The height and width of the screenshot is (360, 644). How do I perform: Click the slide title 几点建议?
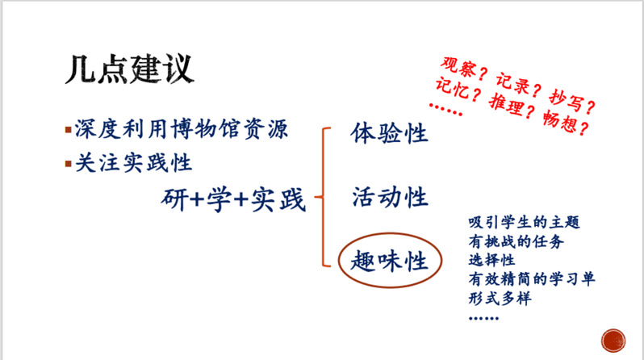[x=129, y=69]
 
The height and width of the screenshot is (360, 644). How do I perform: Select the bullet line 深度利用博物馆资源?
[x=181, y=129]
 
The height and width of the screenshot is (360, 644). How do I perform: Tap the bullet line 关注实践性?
[x=133, y=163]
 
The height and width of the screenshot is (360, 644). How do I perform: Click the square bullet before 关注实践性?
[x=68, y=164]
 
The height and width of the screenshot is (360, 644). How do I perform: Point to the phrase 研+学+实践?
[x=233, y=199]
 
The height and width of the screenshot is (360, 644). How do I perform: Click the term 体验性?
[x=389, y=132]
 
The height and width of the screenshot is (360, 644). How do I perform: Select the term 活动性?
[x=390, y=197]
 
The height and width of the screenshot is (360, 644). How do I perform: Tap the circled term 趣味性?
[x=389, y=261]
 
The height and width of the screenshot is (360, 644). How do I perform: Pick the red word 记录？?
[x=519, y=84]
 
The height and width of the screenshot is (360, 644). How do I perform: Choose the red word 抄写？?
[x=572, y=101]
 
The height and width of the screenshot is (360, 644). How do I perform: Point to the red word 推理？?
[x=512, y=106]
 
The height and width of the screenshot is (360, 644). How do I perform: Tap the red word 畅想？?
[x=566, y=122]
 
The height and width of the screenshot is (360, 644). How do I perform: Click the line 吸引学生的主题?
[x=524, y=222]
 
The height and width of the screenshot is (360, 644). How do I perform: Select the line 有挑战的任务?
[x=516, y=241]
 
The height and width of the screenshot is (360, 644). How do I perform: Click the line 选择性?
[x=491, y=260]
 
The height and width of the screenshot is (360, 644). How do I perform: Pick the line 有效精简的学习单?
[x=532, y=279]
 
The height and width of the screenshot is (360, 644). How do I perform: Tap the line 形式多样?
[x=500, y=299]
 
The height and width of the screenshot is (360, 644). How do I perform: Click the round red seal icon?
[x=613, y=341]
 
